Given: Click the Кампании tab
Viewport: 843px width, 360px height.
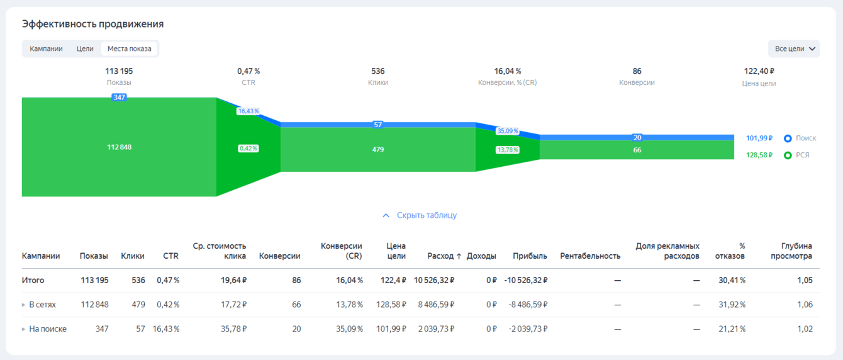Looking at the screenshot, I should tap(46, 48).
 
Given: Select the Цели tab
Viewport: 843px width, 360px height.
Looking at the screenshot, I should tap(85, 48).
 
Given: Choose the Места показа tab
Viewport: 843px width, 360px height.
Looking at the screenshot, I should tap(129, 48).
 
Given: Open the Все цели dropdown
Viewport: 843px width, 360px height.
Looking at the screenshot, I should tap(794, 48).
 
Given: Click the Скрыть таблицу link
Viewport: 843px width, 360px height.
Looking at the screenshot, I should tap(420, 215).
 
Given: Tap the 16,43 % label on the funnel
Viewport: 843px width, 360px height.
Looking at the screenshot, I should tap(248, 111).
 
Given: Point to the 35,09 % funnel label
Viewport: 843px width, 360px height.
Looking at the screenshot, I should tap(508, 131).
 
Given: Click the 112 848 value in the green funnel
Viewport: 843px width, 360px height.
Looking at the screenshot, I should tap(119, 147).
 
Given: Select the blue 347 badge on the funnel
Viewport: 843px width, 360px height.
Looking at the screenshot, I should tap(119, 98).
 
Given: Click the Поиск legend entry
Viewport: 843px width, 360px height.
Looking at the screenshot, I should tap(801, 138).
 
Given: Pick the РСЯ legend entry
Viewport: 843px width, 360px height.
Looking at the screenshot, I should tap(797, 155).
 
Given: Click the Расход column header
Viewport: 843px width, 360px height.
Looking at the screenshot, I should tap(444, 256).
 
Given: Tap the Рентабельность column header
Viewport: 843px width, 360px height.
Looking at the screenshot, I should tap(590, 256).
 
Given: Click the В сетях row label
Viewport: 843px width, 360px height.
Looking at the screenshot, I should tap(42, 305).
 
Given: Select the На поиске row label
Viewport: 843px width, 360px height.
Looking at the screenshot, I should tap(47, 329).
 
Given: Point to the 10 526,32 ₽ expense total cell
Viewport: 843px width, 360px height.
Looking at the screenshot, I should tap(434, 280).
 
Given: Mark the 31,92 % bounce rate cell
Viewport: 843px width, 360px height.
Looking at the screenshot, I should tap(732, 305).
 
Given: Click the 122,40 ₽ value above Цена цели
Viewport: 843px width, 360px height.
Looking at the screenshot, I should tap(759, 71).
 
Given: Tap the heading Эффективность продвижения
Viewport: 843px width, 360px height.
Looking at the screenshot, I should tap(92, 24).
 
